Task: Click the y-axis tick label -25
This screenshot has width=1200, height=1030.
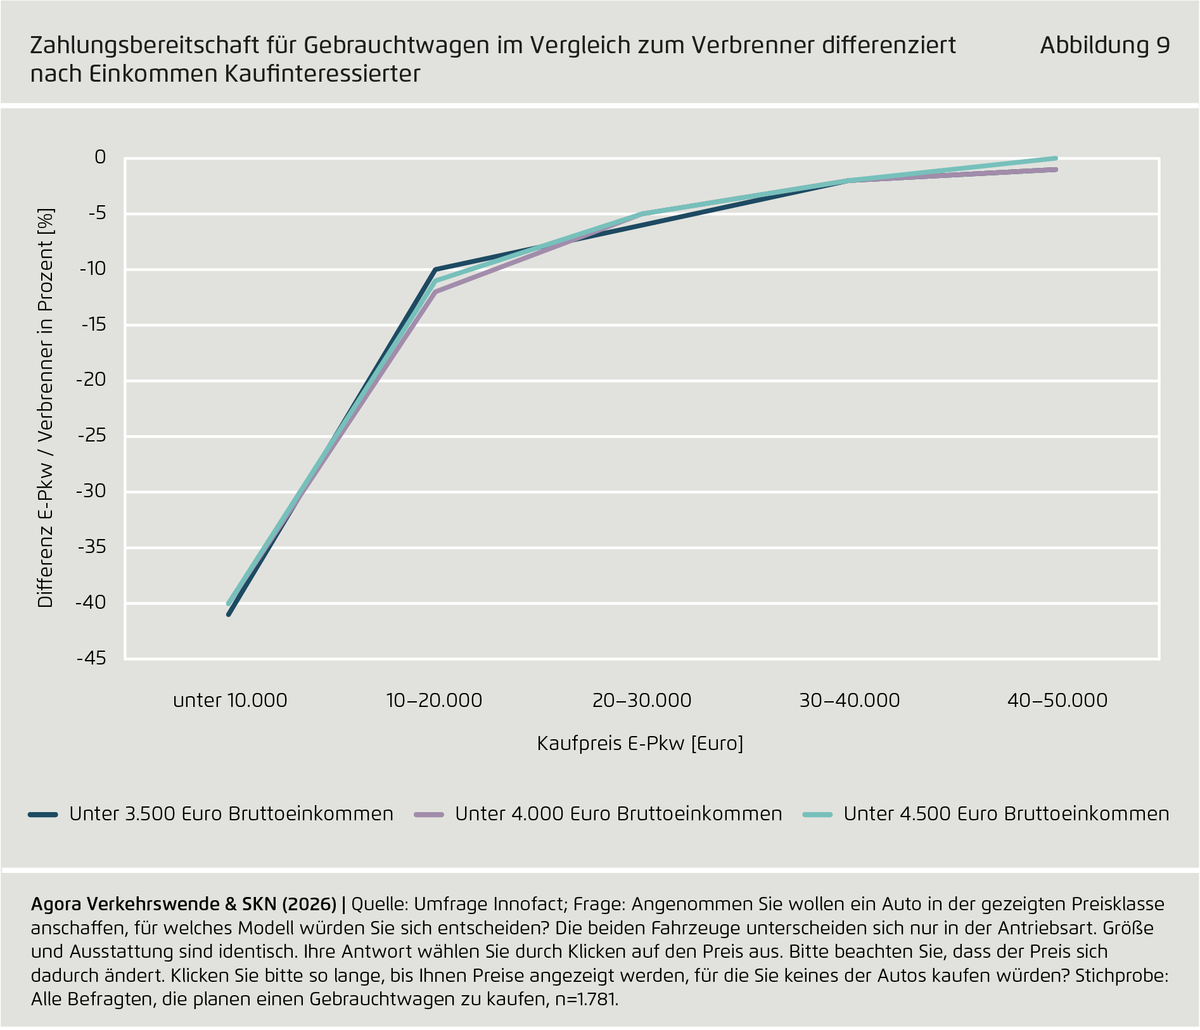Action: click(x=91, y=436)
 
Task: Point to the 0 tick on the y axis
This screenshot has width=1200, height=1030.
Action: click(x=100, y=157)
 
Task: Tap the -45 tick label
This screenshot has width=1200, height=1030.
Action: click(x=91, y=659)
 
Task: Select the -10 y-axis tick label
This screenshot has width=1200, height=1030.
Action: click(x=93, y=269)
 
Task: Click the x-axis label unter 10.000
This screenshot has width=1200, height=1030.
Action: click(x=230, y=701)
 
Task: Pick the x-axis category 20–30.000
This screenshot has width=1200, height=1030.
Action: click(x=642, y=701)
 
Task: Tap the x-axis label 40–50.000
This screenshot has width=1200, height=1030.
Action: click(x=1057, y=701)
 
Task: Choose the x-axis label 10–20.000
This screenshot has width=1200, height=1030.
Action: click(x=434, y=701)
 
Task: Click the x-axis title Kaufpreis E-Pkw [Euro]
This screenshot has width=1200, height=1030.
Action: click(x=640, y=743)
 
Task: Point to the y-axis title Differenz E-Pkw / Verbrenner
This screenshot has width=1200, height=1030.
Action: click(x=46, y=408)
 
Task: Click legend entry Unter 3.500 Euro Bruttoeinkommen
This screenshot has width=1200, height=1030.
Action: click(x=231, y=814)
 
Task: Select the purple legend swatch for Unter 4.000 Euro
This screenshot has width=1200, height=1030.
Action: click(x=429, y=815)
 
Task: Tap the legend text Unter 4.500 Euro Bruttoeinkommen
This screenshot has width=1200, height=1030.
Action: click(x=1005, y=814)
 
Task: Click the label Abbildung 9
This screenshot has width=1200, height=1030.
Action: click(x=1104, y=46)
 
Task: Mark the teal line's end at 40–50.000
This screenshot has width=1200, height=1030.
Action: click(x=1056, y=158)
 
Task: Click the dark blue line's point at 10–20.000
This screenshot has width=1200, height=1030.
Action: click(x=435, y=270)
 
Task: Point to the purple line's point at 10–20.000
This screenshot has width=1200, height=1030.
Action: click(x=435, y=292)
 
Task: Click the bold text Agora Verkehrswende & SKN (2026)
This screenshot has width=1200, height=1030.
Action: click(x=183, y=904)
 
